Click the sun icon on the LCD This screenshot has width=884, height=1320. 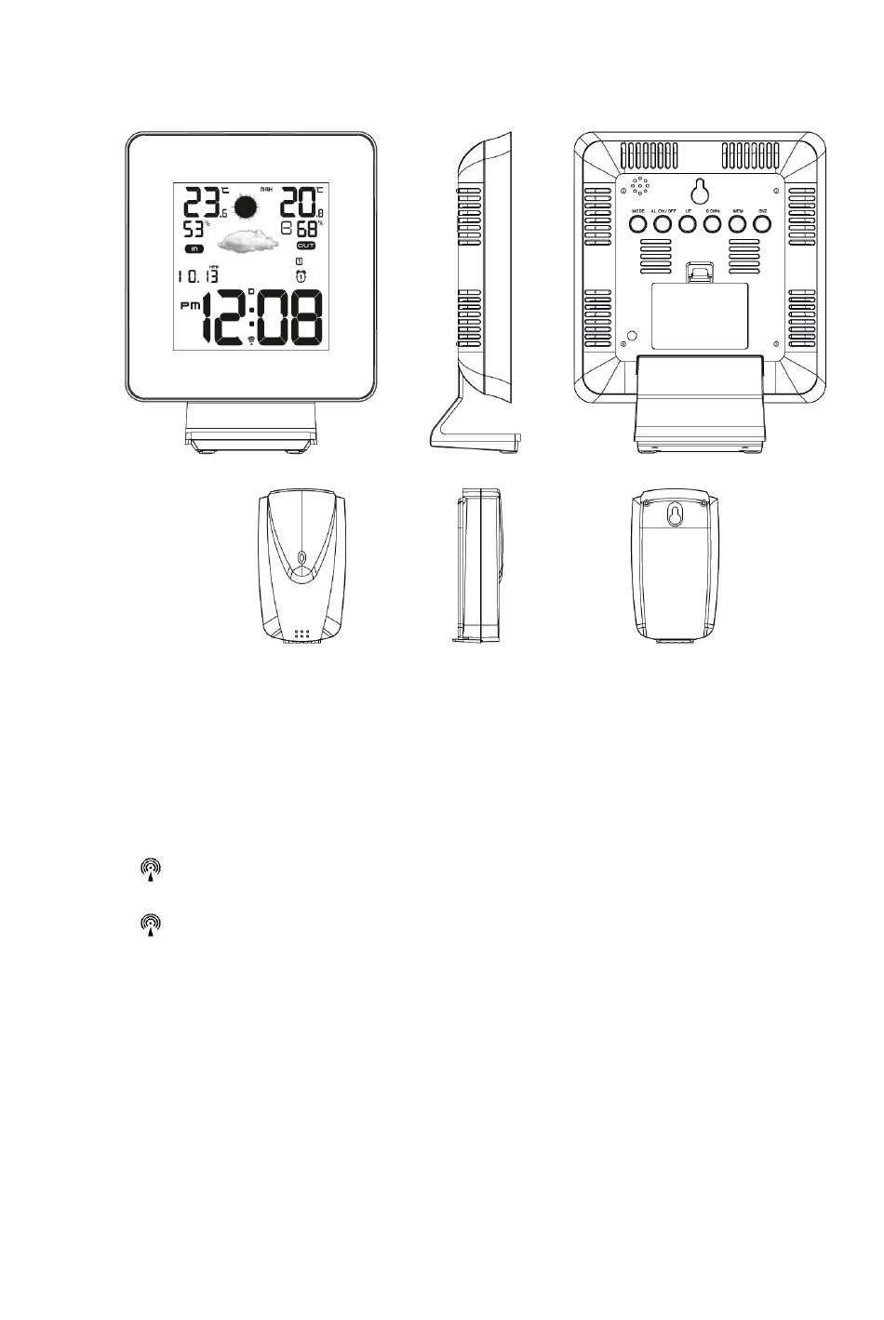(x=246, y=207)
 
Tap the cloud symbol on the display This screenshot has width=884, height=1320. (x=248, y=242)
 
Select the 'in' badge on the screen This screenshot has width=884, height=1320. (x=194, y=248)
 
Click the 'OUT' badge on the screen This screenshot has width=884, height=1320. (x=306, y=246)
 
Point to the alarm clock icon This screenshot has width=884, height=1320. (x=300, y=276)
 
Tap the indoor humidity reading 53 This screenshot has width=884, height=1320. (x=194, y=229)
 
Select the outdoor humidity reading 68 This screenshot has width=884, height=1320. (x=307, y=229)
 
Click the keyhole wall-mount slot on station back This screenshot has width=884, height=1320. (x=701, y=190)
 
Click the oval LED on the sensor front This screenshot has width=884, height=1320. (x=301, y=561)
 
